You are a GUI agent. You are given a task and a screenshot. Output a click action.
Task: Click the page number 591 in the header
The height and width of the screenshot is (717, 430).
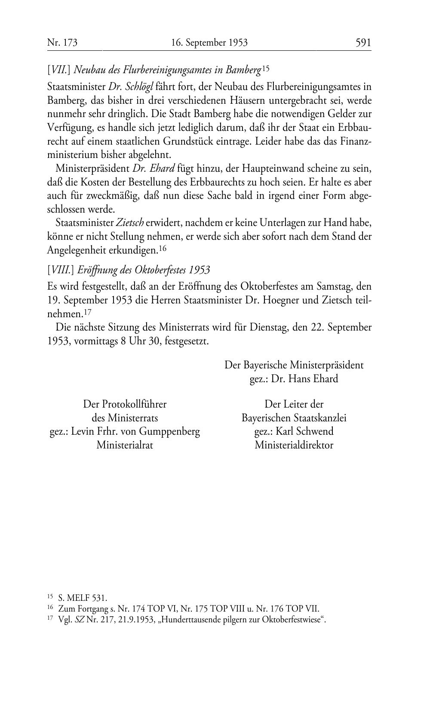363,43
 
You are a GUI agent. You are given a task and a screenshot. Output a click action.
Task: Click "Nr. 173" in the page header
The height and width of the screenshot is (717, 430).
62,43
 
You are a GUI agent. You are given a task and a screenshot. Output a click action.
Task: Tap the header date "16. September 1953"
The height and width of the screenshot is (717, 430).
209,43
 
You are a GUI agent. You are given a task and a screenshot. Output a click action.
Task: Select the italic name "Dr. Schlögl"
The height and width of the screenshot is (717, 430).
131,87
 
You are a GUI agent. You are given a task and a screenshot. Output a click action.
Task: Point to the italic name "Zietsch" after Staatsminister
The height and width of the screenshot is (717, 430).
130,223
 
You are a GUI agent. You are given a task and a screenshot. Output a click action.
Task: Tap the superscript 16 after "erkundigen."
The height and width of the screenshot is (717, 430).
163,248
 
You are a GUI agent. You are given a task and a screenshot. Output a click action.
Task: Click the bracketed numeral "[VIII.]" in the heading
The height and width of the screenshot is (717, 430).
61,270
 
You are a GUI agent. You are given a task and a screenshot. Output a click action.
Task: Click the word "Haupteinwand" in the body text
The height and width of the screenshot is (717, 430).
255,168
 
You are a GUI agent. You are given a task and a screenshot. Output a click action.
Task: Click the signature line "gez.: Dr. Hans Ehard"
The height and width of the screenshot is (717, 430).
294,379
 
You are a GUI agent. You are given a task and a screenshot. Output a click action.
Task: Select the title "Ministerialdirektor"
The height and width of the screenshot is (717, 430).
294,445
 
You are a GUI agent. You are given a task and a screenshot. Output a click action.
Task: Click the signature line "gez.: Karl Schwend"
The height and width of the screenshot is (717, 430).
294,431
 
